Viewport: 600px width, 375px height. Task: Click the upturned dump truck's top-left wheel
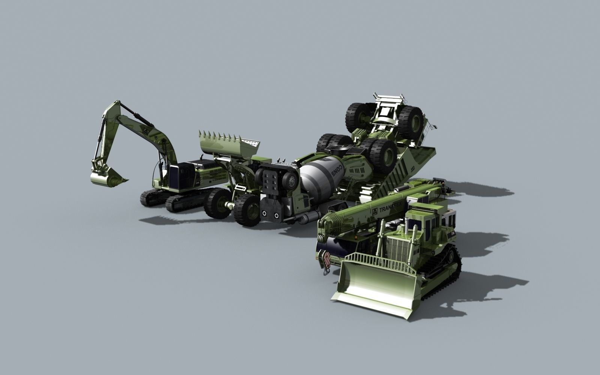click(358, 114)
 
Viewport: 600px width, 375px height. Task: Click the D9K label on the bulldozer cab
click(453, 233)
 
